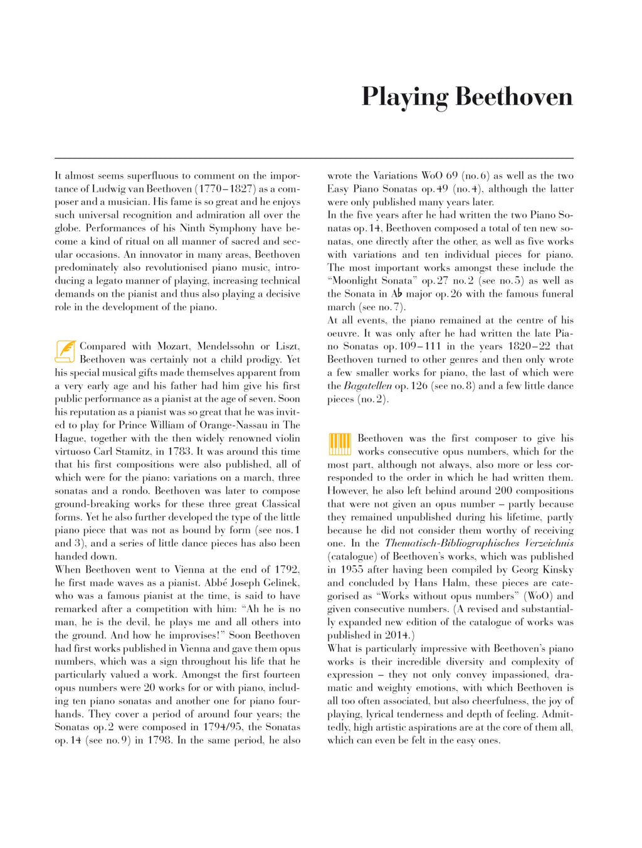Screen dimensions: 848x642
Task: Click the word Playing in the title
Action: point(405,98)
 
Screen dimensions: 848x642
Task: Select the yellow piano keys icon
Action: point(339,444)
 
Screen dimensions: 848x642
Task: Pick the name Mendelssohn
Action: point(226,346)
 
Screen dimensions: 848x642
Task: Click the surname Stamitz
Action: point(141,452)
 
